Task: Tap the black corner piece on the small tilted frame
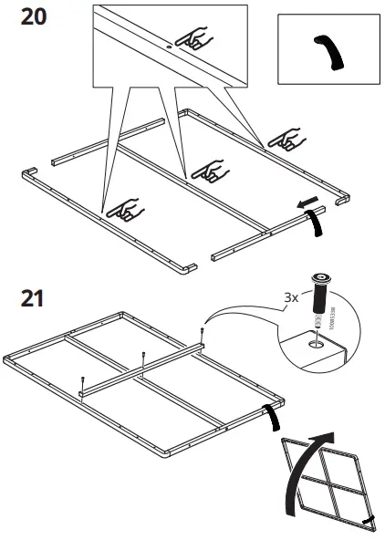tap(369, 519)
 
